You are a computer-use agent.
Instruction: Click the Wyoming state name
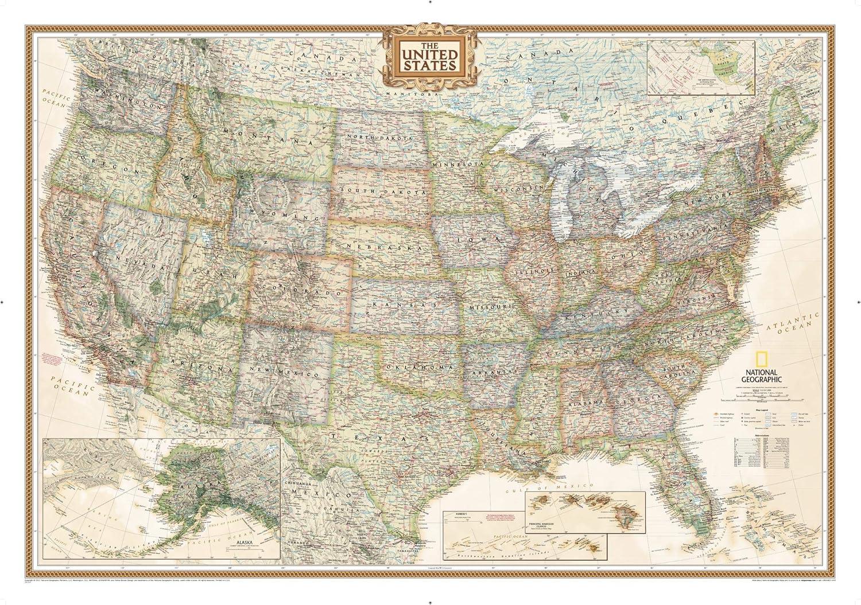(x=280, y=215)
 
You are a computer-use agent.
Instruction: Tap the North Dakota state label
(x=379, y=138)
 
